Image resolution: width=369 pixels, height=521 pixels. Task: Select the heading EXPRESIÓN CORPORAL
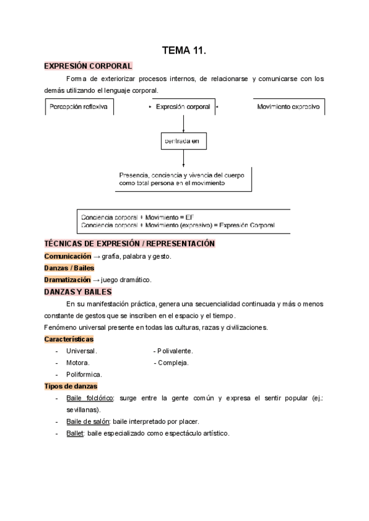pyautogui.click(x=89, y=66)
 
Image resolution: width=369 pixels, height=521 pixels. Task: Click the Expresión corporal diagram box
pyautogui.click(x=183, y=106)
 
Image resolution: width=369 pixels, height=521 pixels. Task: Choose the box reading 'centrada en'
pyautogui.click(x=183, y=141)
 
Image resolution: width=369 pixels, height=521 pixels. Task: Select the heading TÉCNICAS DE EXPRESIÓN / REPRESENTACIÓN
pyautogui.click(x=130, y=244)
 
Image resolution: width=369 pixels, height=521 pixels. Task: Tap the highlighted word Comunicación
pyautogui.click(x=71, y=256)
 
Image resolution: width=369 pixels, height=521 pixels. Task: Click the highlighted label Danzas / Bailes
pyautogui.click(x=69, y=268)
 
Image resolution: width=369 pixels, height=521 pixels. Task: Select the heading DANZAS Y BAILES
pyautogui.click(x=78, y=292)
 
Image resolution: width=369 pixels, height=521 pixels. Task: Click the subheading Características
pyautogui.click(x=69, y=339)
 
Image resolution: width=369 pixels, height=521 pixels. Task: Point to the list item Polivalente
pyautogui.click(x=175, y=351)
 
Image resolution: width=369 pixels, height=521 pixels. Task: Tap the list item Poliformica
pyautogui.click(x=84, y=374)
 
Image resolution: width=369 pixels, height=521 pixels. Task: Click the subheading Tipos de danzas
pyautogui.click(x=71, y=386)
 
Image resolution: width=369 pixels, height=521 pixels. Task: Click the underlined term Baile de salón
pyautogui.click(x=88, y=421)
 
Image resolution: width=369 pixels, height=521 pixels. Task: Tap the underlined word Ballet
pyautogui.click(x=75, y=433)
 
